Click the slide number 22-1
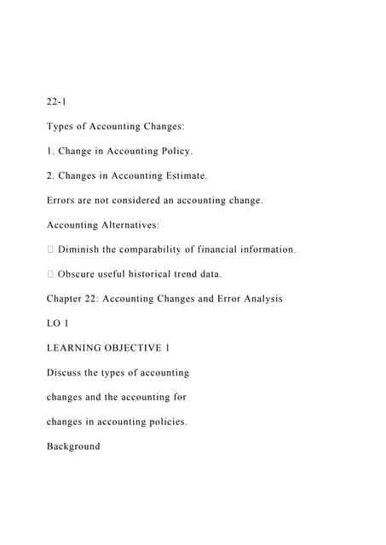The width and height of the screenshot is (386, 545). [57, 102]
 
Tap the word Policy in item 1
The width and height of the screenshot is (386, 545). [172, 152]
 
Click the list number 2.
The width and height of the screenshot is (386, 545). [49, 176]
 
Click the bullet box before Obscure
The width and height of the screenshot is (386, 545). [50, 274]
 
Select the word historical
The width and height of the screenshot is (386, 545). [169, 274]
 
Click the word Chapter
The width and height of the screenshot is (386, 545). [65, 299]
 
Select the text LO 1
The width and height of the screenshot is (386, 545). [57, 324]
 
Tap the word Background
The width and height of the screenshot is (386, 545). [73, 446]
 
